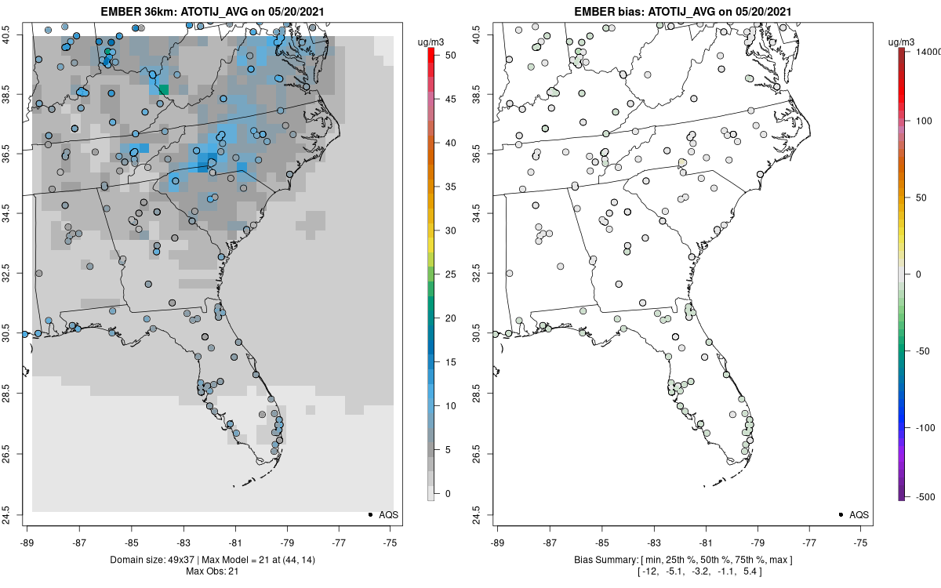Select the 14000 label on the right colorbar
pyautogui.click(x=928, y=51)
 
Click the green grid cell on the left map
pyautogui.click(x=163, y=89)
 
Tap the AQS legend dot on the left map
pyautogui.click(x=369, y=514)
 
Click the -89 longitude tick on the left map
pyautogui.click(x=27, y=542)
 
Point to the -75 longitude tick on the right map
pyautogui.click(x=861, y=542)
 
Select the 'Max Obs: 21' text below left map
pyautogui.click(x=212, y=570)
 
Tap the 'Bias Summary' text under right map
pyautogui.click(x=603, y=559)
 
